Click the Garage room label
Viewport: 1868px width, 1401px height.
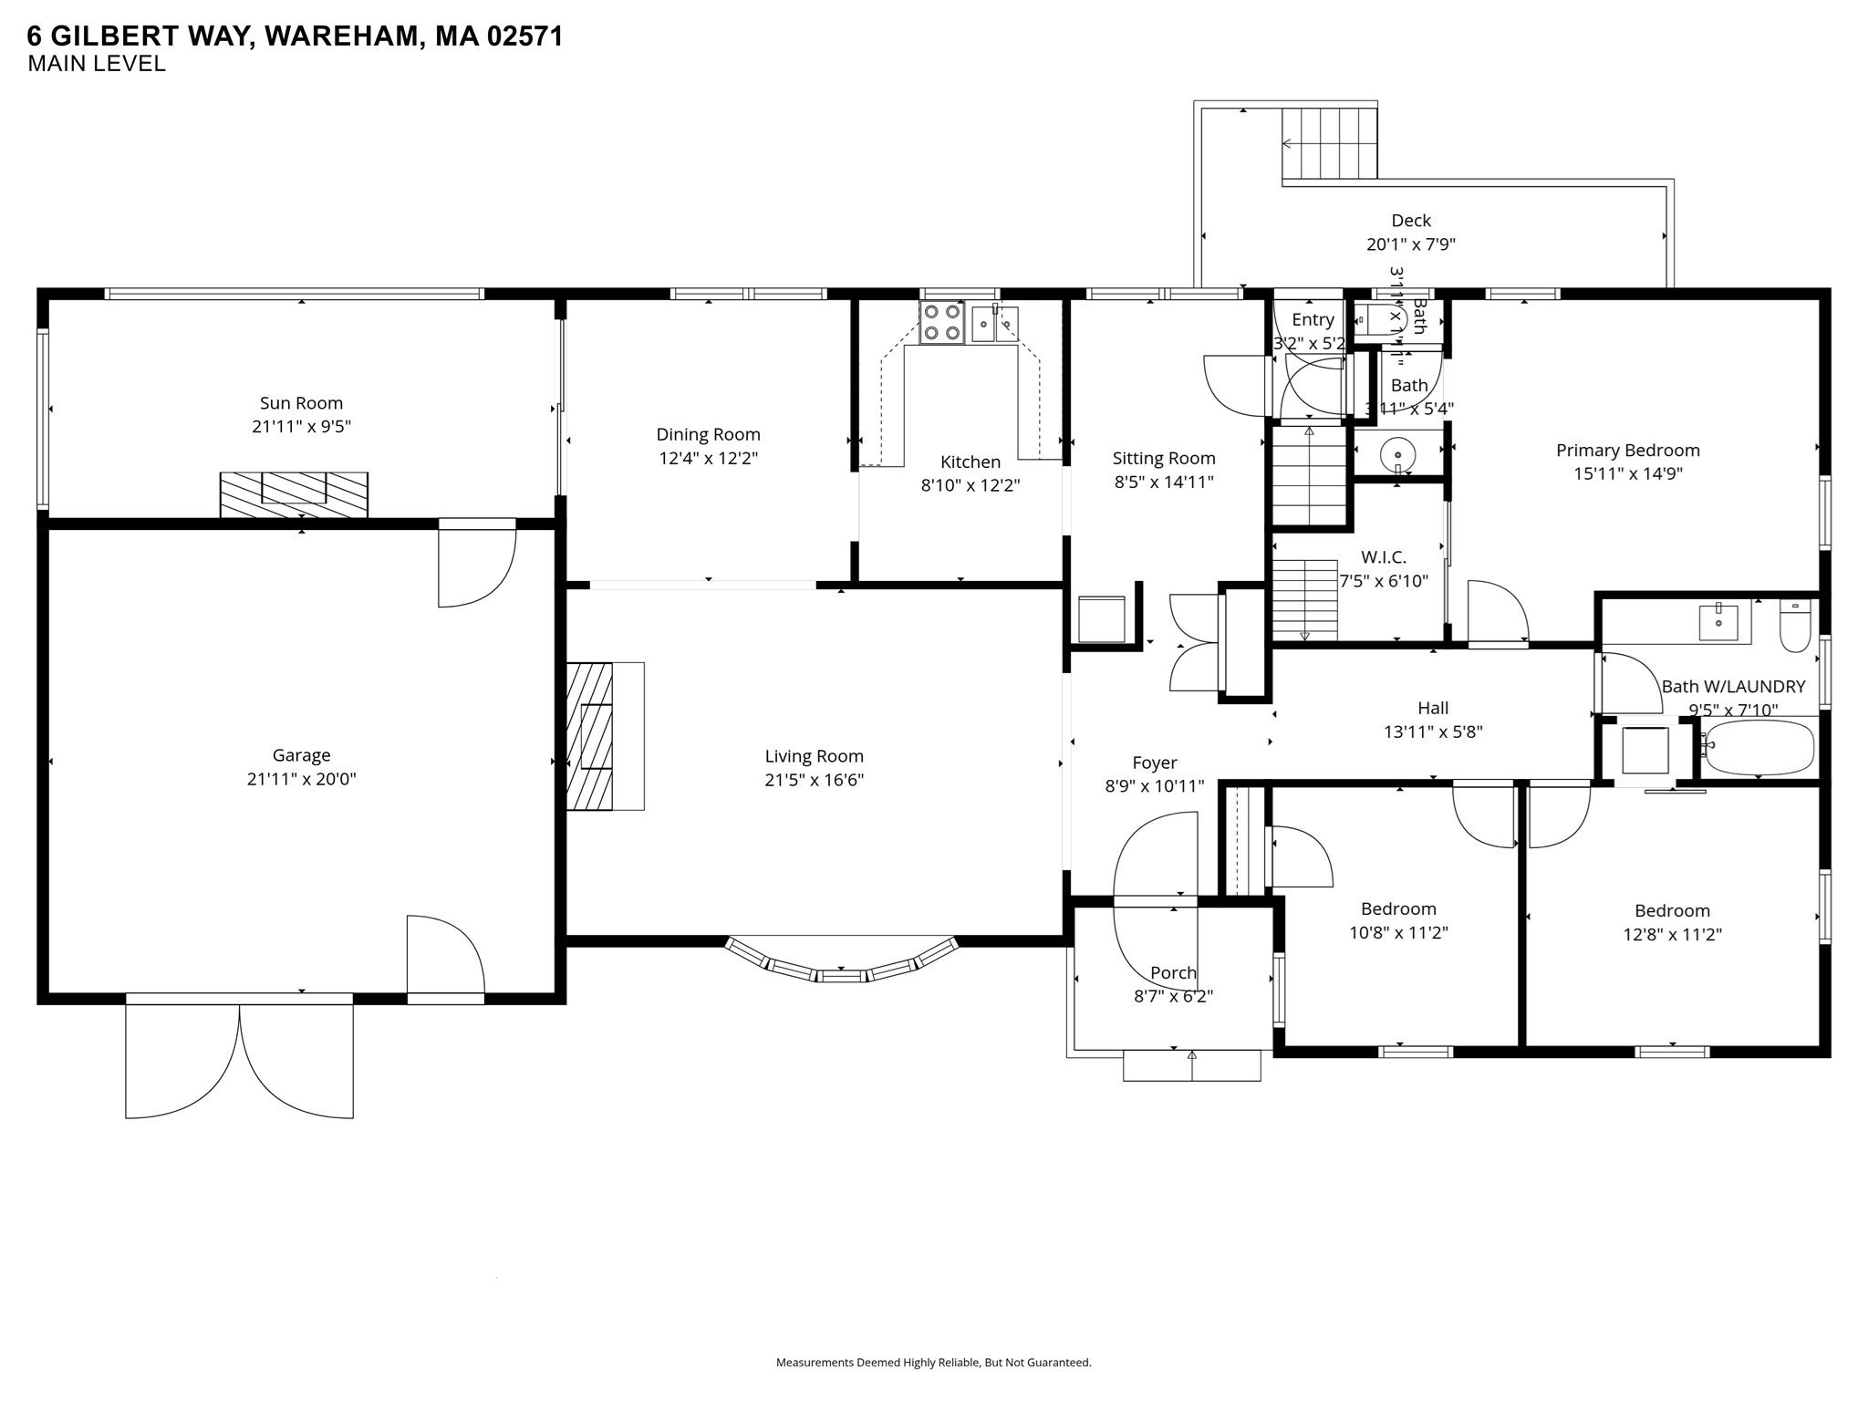click(x=301, y=755)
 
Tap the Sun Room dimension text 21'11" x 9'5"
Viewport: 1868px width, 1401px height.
click(x=301, y=427)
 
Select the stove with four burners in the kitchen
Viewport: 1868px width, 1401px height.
click(x=941, y=323)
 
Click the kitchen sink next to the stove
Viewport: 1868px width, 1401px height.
click(x=994, y=323)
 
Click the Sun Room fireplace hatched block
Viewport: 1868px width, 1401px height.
click(x=294, y=494)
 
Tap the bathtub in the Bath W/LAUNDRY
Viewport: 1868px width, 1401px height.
click(x=1759, y=747)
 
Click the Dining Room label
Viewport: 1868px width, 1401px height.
click(x=708, y=435)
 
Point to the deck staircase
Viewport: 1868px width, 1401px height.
click(x=1330, y=143)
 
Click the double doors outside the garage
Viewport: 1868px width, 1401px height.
click(x=239, y=1058)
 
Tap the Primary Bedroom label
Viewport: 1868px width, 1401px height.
click(x=1627, y=451)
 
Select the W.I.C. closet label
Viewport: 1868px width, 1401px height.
click(x=1383, y=557)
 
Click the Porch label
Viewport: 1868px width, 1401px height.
click(x=1173, y=973)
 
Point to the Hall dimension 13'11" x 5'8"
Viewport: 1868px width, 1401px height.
click(x=1433, y=732)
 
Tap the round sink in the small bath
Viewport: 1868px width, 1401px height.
click(x=1396, y=453)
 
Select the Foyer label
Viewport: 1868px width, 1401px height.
click(x=1155, y=763)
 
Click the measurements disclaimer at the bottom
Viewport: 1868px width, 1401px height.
click(x=933, y=1363)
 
